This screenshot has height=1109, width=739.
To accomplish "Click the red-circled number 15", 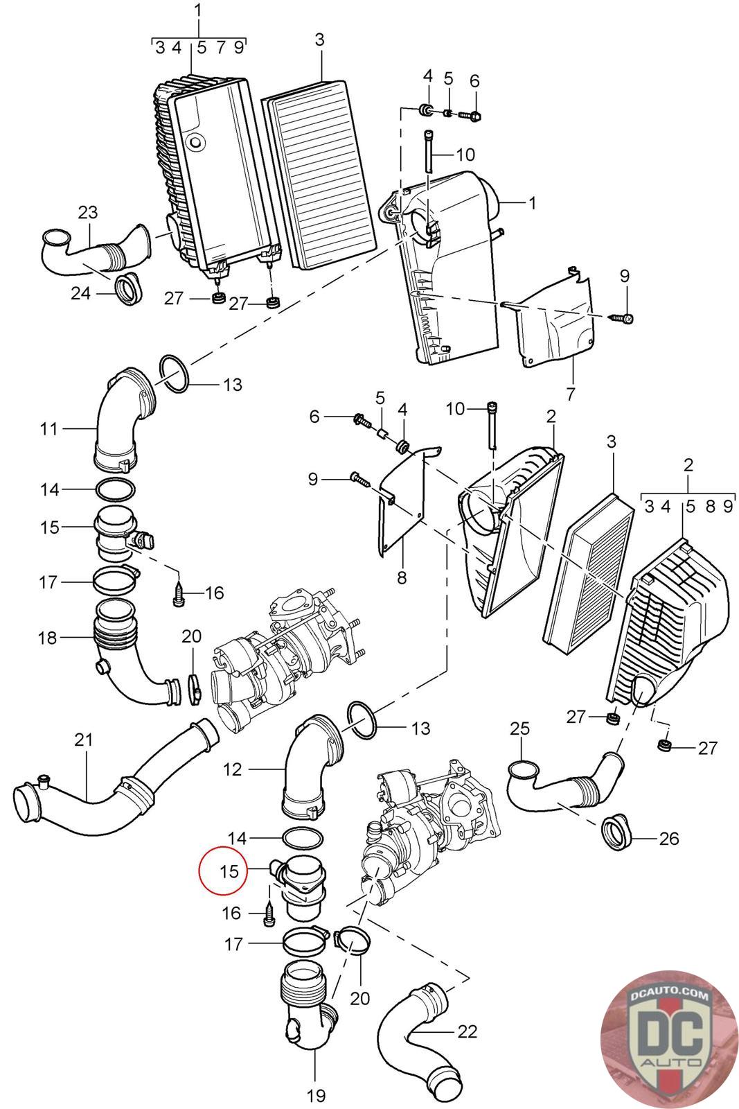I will click(229, 871).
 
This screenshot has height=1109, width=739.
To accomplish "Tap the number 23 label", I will click(87, 212).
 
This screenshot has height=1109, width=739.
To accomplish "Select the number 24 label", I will click(80, 294).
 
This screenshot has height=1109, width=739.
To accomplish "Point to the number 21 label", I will click(83, 740).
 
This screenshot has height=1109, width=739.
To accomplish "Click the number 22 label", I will click(468, 1031).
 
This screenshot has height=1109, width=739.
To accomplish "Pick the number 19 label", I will click(315, 1096).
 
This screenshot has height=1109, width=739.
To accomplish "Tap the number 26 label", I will click(668, 839).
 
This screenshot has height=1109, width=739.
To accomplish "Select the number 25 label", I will click(519, 728).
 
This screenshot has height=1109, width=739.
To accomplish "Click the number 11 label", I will click(48, 429).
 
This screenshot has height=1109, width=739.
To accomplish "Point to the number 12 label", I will click(233, 769).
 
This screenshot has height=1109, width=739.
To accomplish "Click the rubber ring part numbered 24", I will click(128, 289).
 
